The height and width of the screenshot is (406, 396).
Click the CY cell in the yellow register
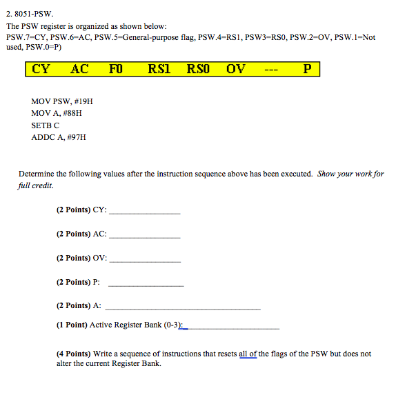point(41,70)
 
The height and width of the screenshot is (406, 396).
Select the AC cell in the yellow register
point(79,70)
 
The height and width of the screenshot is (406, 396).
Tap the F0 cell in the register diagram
point(116,70)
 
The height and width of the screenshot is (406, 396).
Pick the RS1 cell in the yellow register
point(159,70)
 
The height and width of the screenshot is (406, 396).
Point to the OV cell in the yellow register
point(235,70)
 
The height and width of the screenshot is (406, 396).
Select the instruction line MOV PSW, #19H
point(62,101)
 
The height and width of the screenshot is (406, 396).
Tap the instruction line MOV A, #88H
point(57,113)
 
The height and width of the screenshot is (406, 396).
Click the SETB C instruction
point(46,125)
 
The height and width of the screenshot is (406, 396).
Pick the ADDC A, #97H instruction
point(59,137)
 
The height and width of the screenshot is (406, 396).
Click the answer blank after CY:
point(145,211)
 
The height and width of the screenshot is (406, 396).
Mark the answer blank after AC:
point(145,235)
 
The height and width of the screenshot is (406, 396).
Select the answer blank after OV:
point(145,259)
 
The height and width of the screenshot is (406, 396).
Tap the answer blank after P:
point(146,283)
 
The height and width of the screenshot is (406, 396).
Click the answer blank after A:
point(182,307)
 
